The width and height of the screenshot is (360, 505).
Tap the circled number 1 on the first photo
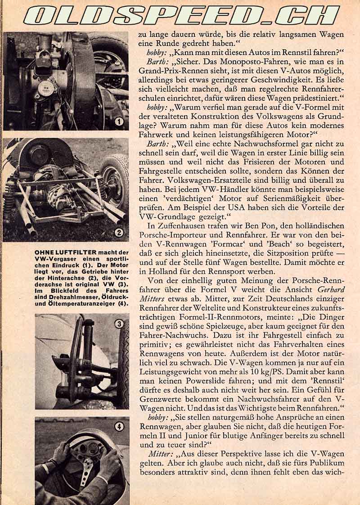click(x=119, y=121)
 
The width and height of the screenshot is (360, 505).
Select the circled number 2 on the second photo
click(x=119, y=232)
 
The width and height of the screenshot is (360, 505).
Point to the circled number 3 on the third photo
click(x=119, y=324)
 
